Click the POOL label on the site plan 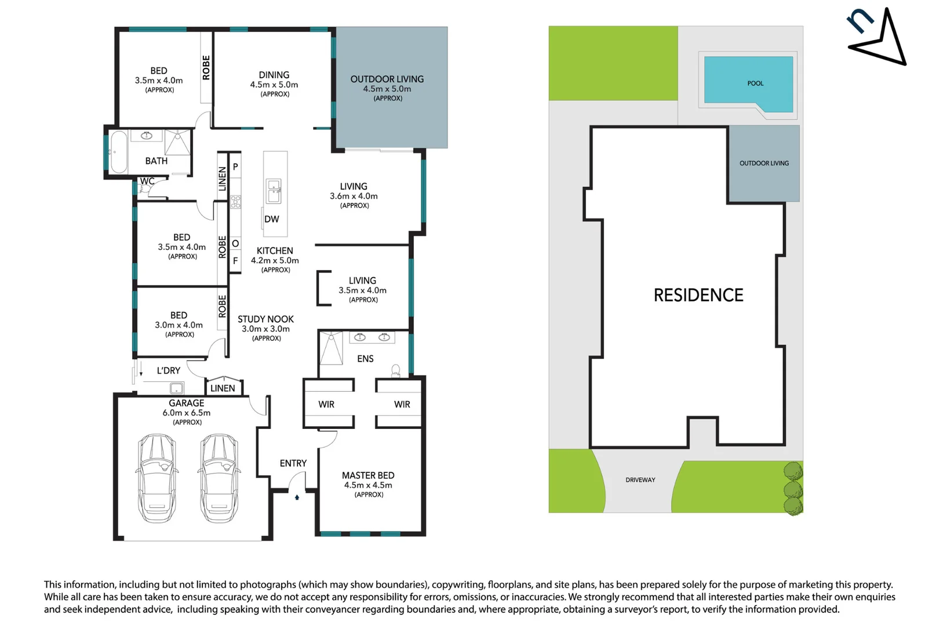pyautogui.click(x=755, y=83)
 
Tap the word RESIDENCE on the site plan pyautogui.click(x=698, y=295)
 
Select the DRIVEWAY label pyautogui.click(x=640, y=480)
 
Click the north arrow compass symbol pyautogui.click(x=879, y=37)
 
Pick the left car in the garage pyautogui.click(x=157, y=478)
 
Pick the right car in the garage pyautogui.click(x=219, y=478)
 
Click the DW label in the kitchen pyautogui.click(x=271, y=219)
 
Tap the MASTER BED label pyautogui.click(x=367, y=475)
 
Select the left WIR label pyautogui.click(x=326, y=405)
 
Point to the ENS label pyautogui.click(x=365, y=359)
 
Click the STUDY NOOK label pyautogui.click(x=265, y=319)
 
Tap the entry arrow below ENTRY pyautogui.click(x=297, y=497)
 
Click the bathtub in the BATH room pyautogui.click(x=118, y=152)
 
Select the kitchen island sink pyautogui.click(x=274, y=191)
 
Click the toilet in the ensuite pyautogui.click(x=396, y=370)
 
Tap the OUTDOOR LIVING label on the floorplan pyautogui.click(x=387, y=79)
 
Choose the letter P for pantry pyautogui.click(x=235, y=167)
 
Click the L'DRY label pyautogui.click(x=168, y=371)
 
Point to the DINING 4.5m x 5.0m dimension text pyautogui.click(x=274, y=85)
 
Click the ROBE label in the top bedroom pyautogui.click(x=206, y=67)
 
